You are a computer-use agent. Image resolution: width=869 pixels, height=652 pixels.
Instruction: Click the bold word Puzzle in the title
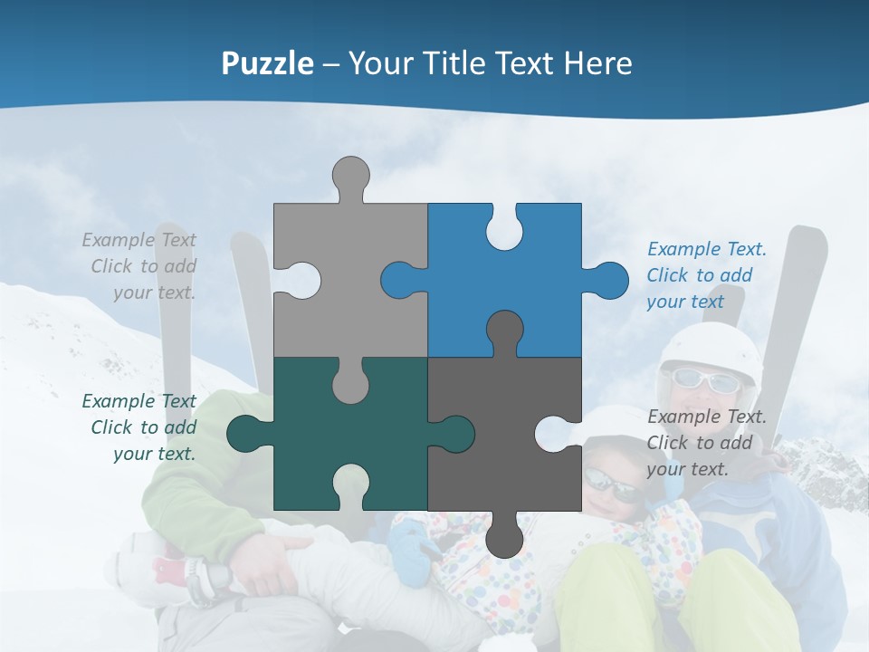pyautogui.click(x=267, y=63)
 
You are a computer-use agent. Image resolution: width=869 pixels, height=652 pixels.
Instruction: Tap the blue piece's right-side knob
pyautogui.click(x=607, y=280)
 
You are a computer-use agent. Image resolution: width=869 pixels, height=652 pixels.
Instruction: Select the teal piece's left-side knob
pyautogui.click(x=245, y=434)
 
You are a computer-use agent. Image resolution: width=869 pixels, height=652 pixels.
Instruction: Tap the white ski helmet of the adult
pyautogui.click(x=711, y=349)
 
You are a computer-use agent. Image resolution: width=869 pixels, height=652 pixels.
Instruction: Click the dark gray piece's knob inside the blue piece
pyautogui.click(x=504, y=331)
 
